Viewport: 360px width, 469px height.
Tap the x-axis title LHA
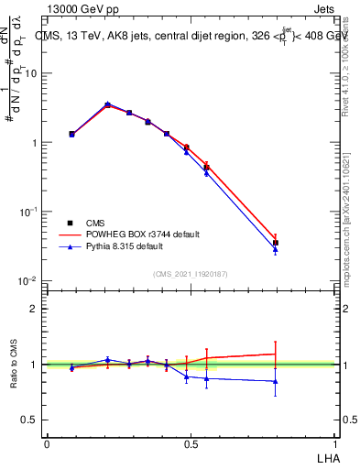click(x=327, y=457)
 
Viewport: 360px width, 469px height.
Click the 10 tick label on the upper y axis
click(x=32, y=73)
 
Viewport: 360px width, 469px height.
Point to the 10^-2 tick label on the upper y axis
click(x=29, y=279)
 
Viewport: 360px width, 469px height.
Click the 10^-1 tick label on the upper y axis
click(x=29, y=211)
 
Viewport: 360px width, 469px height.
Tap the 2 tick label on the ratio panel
click(x=36, y=309)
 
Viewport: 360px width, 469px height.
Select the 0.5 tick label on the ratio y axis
click(x=31, y=420)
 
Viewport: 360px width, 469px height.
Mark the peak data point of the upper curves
click(x=108, y=104)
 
